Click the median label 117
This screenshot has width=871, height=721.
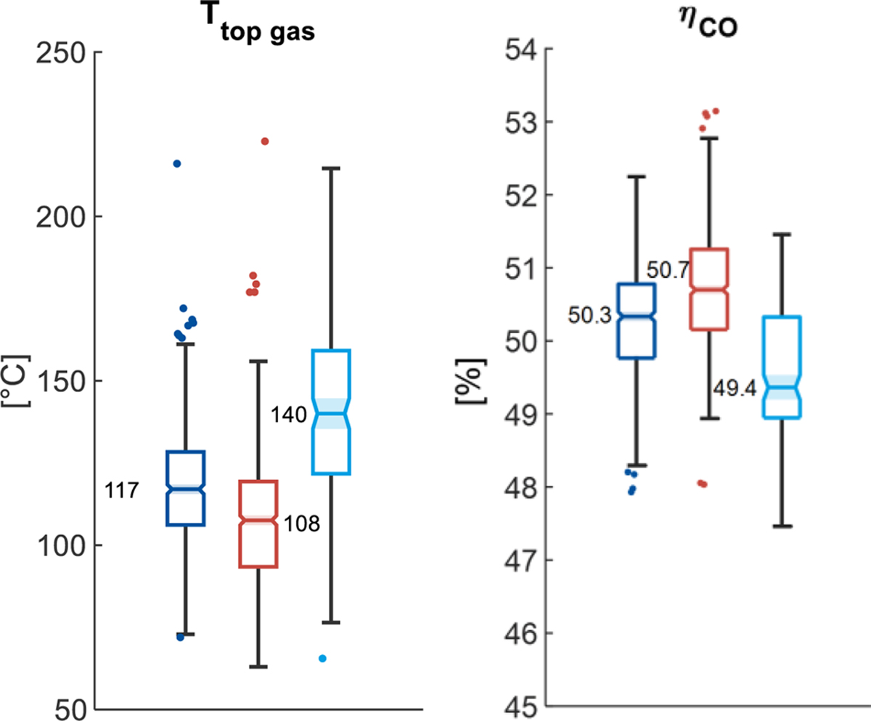coord(123,492)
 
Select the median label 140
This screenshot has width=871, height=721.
coord(288,416)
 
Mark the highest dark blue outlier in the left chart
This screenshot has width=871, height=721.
coord(177,164)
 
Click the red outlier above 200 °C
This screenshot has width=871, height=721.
coord(265,142)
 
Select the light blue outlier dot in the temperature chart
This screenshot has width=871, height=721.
coord(323,659)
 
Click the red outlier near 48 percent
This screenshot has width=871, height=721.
coord(703,484)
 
